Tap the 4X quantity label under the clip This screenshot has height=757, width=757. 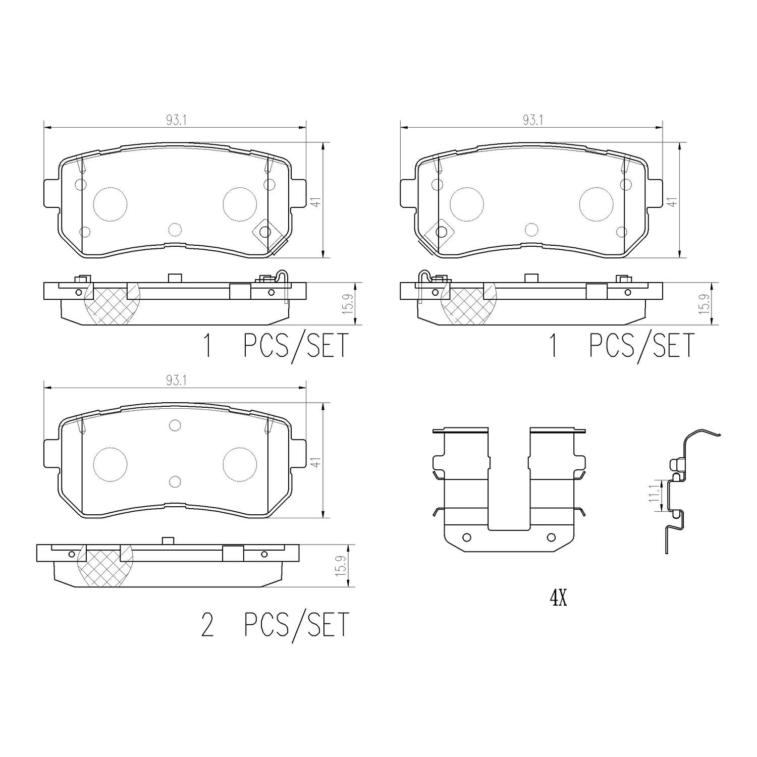(x=559, y=599)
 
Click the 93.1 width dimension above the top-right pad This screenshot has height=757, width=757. (x=529, y=121)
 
